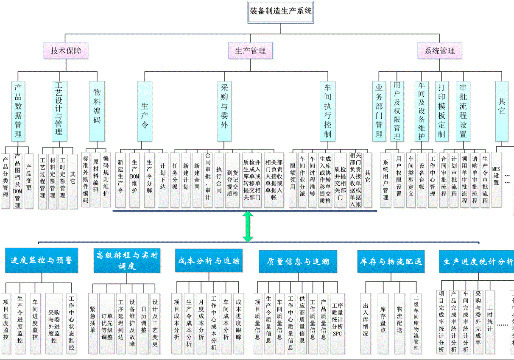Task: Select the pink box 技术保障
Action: pos(66,51)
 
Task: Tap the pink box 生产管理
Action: pos(250,51)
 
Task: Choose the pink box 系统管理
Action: pos(440,51)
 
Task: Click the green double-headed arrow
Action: pos(248,226)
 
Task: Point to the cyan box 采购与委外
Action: pos(224,111)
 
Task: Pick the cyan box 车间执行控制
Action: pos(327,111)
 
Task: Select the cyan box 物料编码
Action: pos(97,111)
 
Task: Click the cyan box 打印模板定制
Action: pos(441,111)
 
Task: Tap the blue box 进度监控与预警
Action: pos(42,260)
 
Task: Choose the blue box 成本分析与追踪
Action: pos(209,260)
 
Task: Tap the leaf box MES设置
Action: pos(496,175)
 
